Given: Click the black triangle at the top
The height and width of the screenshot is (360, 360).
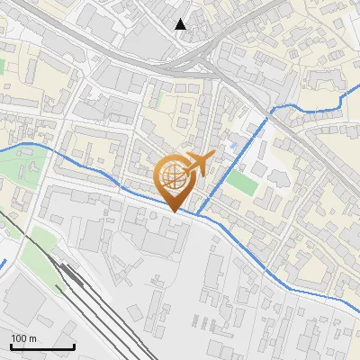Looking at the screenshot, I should (x=181, y=24).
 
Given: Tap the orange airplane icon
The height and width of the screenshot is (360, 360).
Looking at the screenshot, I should (x=198, y=164).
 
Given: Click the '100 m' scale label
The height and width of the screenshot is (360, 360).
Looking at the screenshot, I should (x=23, y=338).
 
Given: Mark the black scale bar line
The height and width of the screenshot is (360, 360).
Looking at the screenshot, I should (x=42, y=346).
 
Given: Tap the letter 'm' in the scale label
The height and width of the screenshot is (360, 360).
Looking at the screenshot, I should (x=32, y=338).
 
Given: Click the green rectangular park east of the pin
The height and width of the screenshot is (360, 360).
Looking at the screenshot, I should (x=240, y=182).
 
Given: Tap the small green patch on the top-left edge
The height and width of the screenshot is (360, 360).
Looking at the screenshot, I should (x=2, y=67).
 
